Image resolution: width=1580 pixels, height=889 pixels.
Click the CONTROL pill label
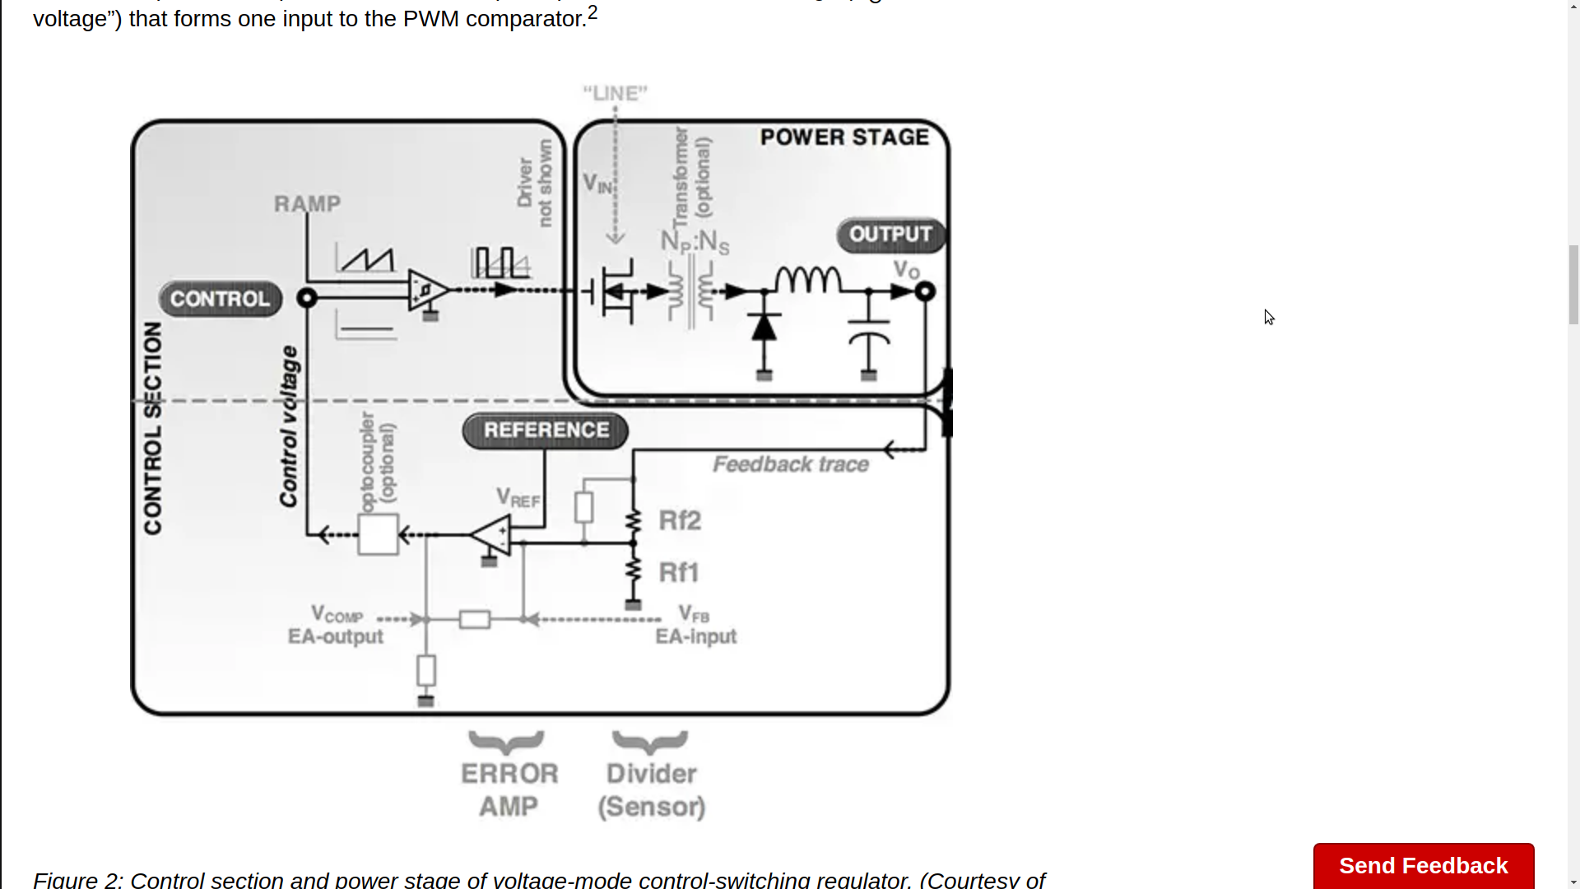[x=220, y=299]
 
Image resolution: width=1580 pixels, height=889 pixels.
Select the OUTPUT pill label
[x=890, y=235]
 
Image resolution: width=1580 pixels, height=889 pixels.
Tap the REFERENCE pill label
[x=546, y=431]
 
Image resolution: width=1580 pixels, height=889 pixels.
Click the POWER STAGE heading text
[x=844, y=137]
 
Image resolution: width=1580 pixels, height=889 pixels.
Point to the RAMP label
[x=307, y=203]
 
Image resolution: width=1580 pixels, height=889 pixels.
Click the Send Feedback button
[x=1423, y=865]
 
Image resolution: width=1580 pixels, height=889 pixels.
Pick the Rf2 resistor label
[x=680, y=520]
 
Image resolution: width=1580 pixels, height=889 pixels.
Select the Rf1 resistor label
[x=679, y=572]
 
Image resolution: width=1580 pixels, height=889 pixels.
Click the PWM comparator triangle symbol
[x=426, y=290]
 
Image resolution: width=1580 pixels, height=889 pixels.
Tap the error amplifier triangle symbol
[x=493, y=535]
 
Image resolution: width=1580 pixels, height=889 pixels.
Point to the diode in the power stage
[x=764, y=327]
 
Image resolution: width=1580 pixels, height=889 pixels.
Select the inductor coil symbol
[x=808, y=281]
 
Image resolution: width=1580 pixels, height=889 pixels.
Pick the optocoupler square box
[x=378, y=535]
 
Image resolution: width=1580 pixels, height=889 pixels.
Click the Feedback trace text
[x=790, y=464]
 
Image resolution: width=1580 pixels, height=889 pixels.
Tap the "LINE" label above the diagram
[x=615, y=93]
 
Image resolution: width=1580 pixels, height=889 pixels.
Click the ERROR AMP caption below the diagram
[x=509, y=789]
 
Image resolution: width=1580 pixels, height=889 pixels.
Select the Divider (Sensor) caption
[x=651, y=789]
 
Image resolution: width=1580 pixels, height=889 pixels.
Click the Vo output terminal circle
[x=925, y=291]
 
